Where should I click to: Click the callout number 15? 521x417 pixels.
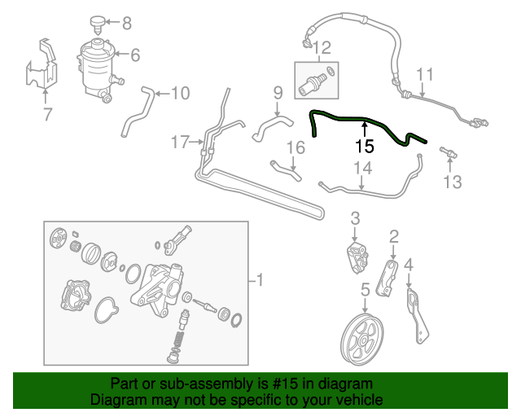tap(365, 147)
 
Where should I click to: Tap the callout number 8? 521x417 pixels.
tap(126, 23)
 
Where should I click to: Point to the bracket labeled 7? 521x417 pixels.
tap(41, 66)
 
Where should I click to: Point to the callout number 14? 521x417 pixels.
tap(361, 169)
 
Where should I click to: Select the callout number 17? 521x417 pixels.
tap(180, 143)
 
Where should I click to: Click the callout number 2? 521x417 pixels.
tap(394, 236)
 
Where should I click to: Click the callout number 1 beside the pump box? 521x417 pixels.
tap(260, 282)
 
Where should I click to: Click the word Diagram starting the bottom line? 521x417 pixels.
tap(118, 400)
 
